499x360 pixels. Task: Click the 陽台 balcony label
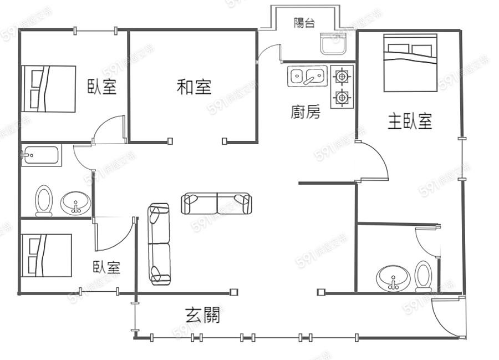(x=304, y=23)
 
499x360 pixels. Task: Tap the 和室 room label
(x=194, y=87)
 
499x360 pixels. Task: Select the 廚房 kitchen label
(x=305, y=111)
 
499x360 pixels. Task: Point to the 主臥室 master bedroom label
(x=410, y=121)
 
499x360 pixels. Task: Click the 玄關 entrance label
(x=202, y=315)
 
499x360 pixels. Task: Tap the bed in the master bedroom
(x=410, y=63)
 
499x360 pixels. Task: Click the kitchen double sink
(x=307, y=77)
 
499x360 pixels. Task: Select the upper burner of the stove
(x=342, y=77)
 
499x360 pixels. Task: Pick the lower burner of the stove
(x=342, y=97)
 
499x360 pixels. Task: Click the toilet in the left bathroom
(x=44, y=201)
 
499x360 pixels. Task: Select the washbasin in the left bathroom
(x=75, y=203)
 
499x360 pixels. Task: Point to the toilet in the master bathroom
(x=423, y=276)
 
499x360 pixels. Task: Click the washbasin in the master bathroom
(x=393, y=278)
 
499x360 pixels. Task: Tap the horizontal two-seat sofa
(x=216, y=204)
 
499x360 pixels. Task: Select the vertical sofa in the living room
(x=159, y=244)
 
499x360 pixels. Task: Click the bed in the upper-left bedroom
(x=49, y=89)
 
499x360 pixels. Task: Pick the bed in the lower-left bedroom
(x=47, y=256)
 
